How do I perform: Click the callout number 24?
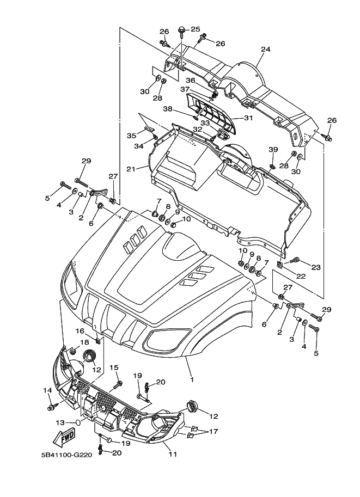(265, 49)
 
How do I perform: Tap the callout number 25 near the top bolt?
(196, 29)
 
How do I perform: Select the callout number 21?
(130, 169)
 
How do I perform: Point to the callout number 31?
(248, 118)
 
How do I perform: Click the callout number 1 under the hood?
(191, 377)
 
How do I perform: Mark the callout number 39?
(273, 149)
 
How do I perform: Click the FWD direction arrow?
(65, 437)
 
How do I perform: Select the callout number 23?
(315, 267)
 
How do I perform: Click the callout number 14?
(47, 390)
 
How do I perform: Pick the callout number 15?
(114, 367)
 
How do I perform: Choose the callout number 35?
(131, 136)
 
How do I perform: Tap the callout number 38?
(168, 108)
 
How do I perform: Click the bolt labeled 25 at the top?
(181, 28)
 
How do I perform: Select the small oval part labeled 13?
(78, 422)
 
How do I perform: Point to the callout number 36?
(183, 80)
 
